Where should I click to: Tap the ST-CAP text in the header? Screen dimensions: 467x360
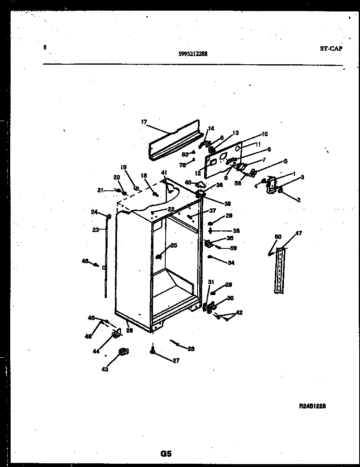click(x=331, y=49)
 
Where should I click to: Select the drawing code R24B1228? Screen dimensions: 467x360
click(x=312, y=406)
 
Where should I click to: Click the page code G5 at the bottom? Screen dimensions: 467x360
click(x=166, y=454)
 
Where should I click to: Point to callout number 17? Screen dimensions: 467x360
click(x=144, y=122)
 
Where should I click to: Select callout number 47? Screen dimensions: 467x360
click(x=299, y=233)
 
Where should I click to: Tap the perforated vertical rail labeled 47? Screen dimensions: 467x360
click(x=279, y=270)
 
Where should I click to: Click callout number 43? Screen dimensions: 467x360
click(x=105, y=369)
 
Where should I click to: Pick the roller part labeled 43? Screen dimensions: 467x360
click(x=123, y=351)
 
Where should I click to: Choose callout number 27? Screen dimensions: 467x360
click(x=176, y=361)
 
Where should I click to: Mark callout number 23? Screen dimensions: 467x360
click(x=95, y=230)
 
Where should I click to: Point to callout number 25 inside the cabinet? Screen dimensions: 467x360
click(x=174, y=246)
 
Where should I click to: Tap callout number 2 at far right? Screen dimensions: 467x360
click(x=299, y=200)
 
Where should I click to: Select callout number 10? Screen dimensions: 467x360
click(x=264, y=134)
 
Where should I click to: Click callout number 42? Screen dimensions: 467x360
click(x=239, y=313)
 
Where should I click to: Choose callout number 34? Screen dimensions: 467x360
click(x=231, y=263)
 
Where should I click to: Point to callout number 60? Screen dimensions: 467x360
click(x=278, y=237)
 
